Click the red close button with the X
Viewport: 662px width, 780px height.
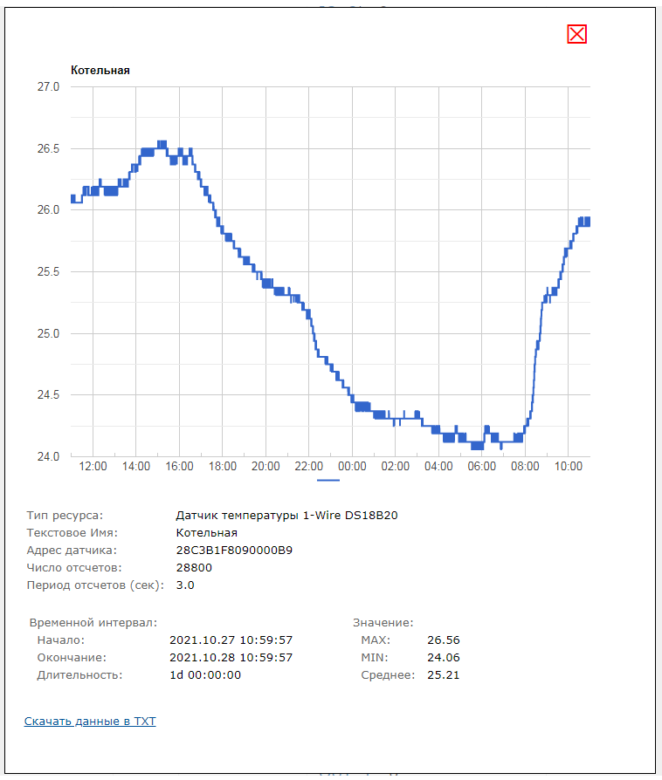tap(577, 34)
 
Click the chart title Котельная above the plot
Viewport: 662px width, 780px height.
tap(100, 71)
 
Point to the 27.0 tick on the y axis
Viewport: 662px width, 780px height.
tap(48, 87)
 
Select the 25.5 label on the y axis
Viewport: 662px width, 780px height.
tap(48, 272)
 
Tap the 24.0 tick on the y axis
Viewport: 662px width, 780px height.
tap(48, 456)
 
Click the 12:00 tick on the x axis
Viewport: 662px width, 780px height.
tap(93, 467)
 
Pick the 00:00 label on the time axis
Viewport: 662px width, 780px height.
tap(352, 467)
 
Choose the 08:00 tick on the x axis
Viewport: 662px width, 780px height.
tap(525, 467)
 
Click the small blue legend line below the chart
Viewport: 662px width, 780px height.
tap(328, 480)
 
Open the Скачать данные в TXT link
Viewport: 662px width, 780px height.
tap(90, 722)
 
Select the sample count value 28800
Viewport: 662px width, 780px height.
tap(194, 568)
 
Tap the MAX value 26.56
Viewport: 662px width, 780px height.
tap(443, 640)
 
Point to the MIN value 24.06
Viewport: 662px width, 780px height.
tap(443, 657)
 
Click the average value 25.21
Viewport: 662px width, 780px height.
tap(443, 674)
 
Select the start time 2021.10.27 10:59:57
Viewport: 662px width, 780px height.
tap(231, 640)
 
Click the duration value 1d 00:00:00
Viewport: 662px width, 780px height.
tap(205, 674)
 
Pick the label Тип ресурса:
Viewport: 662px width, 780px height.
tap(65, 516)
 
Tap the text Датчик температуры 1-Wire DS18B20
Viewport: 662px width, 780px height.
tap(286, 516)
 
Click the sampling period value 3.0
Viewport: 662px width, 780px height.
tap(185, 585)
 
